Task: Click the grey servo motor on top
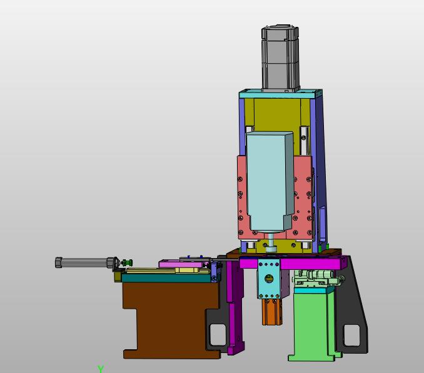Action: point(280,58)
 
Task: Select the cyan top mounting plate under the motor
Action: point(280,94)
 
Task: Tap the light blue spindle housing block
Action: point(270,182)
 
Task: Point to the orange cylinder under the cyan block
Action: point(271,312)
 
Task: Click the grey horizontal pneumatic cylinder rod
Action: point(84,262)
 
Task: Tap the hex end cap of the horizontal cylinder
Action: point(58,262)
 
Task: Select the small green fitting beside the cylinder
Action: point(127,262)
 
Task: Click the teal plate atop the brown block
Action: point(166,278)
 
